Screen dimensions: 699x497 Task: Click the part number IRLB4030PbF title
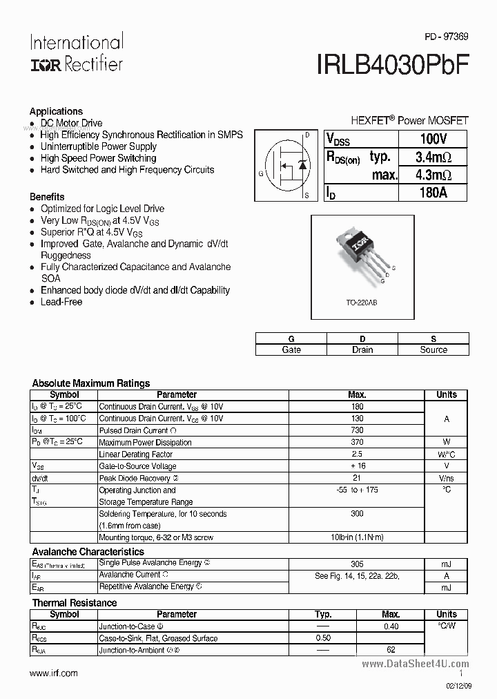point(393,64)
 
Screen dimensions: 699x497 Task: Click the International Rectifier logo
point(76,52)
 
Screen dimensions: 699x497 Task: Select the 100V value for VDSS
point(433,139)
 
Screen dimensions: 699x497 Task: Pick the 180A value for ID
point(433,193)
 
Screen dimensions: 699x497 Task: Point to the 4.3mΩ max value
point(433,175)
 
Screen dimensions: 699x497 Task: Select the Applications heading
point(56,111)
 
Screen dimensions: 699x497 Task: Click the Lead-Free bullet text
point(61,302)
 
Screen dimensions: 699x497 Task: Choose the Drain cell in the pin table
point(362,349)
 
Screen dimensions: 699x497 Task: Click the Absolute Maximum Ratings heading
point(91,383)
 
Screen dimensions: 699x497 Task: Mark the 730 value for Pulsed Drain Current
point(357,430)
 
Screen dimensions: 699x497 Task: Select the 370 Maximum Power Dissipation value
point(357,442)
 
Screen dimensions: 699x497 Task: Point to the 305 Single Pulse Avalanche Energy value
point(357,564)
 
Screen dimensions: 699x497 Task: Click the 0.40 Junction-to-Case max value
point(391,626)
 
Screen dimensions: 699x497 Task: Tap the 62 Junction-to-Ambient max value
point(391,650)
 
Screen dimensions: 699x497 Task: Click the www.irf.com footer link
point(54,673)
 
